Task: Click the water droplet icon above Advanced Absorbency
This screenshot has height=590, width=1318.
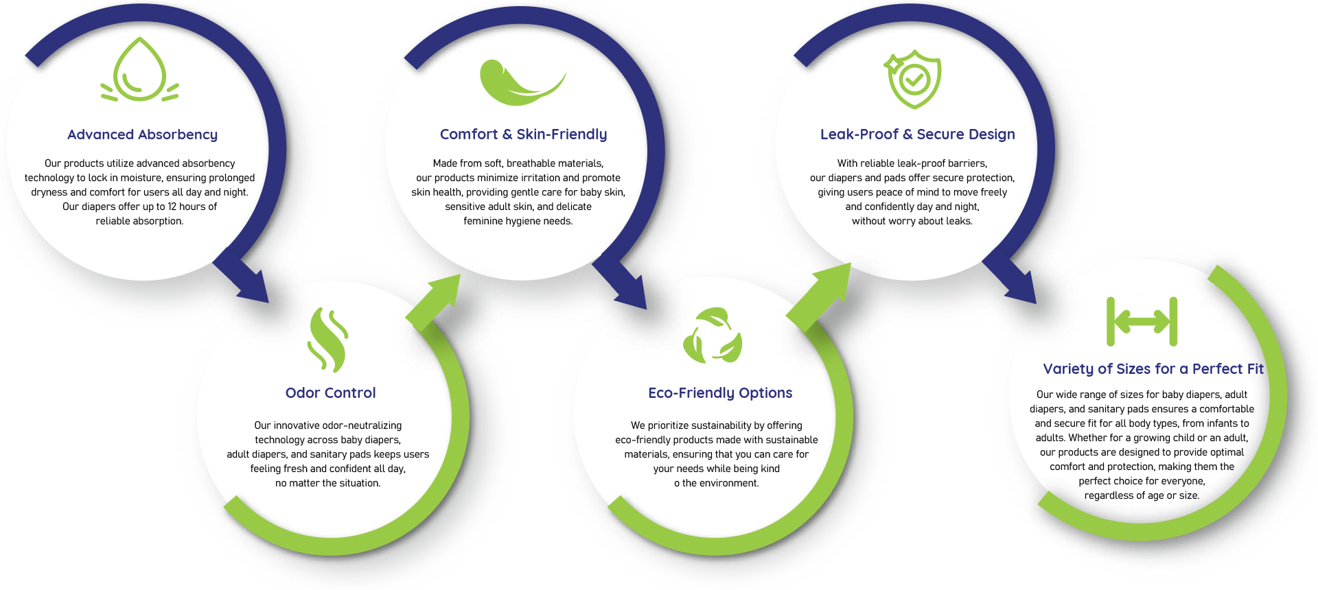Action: point(140,70)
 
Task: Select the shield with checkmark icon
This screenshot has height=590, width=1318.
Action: point(913,79)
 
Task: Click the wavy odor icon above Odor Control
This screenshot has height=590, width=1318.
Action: point(328,340)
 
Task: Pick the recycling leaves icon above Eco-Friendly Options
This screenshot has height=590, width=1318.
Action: point(713,335)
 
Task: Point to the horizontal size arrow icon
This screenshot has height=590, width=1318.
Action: point(1142,321)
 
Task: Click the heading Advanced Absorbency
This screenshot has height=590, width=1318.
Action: point(142,134)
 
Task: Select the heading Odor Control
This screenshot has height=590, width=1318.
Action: point(330,393)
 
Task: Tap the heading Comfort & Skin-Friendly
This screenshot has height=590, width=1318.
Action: point(523,134)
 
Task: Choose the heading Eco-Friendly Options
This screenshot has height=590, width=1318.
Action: point(720,393)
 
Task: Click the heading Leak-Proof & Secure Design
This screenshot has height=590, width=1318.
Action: point(917,134)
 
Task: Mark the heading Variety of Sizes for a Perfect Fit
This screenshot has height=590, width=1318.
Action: point(1153,369)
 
